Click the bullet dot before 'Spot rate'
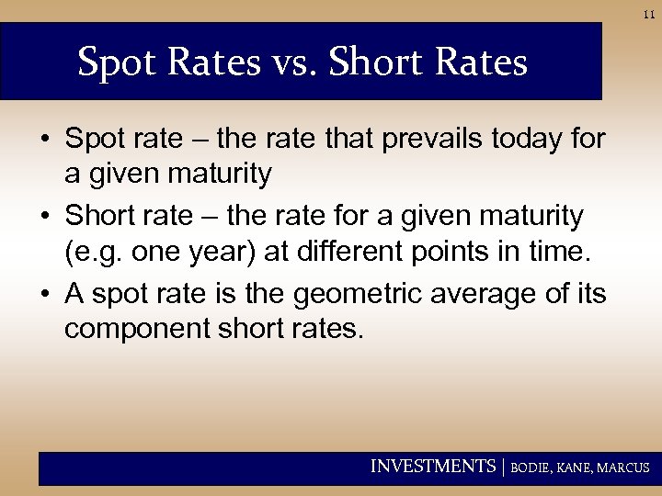(x=46, y=141)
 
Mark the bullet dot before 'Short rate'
(x=46, y=218)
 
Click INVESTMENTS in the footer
(x=432, y=467)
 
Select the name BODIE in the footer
(x=531, y=468)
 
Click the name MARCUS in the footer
(x=624, y=468)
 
